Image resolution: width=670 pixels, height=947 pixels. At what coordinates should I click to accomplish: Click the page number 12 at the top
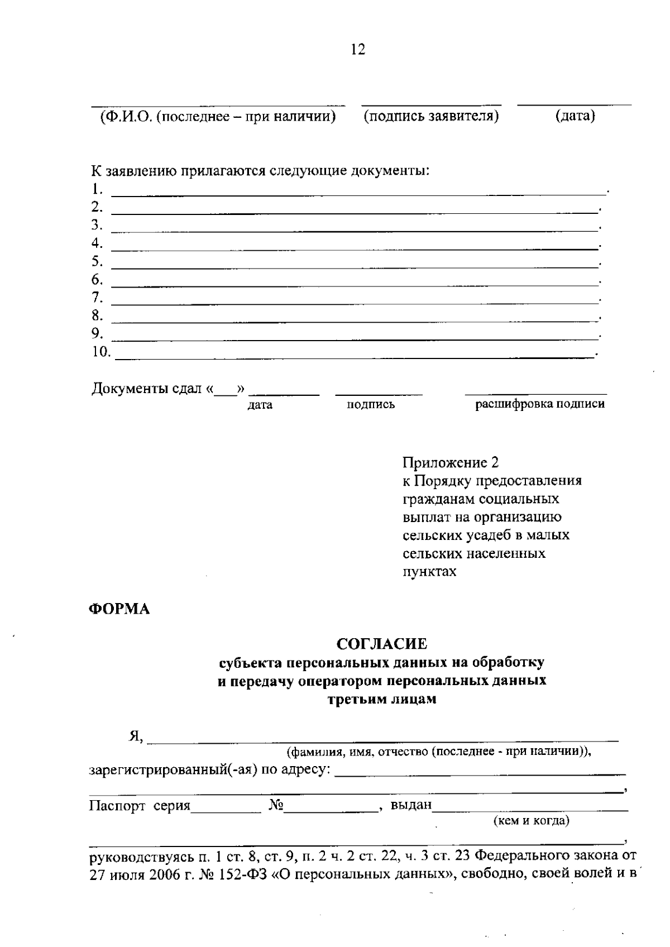tap(358, 50)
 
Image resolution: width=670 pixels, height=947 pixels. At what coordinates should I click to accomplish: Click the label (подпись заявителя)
tap(431, 116)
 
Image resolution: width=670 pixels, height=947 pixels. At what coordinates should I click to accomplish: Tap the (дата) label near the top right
tap(575, 116)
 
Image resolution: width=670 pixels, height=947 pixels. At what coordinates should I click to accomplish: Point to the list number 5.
tap(97, 261)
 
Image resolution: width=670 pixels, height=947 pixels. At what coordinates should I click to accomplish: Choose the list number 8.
tap(97, 315)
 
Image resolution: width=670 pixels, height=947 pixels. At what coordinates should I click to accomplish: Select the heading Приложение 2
tap(451, 462)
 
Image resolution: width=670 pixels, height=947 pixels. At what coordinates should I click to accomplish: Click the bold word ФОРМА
tap(120, 609)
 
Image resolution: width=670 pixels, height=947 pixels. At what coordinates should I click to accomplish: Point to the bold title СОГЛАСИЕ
tap(382, 644)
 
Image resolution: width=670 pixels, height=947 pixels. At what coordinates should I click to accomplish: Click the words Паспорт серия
tap(140, 806)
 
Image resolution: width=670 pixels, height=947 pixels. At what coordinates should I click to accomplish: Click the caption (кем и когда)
tap(531, 821)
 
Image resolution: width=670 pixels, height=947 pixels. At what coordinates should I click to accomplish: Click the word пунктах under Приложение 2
tap(429, 572)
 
